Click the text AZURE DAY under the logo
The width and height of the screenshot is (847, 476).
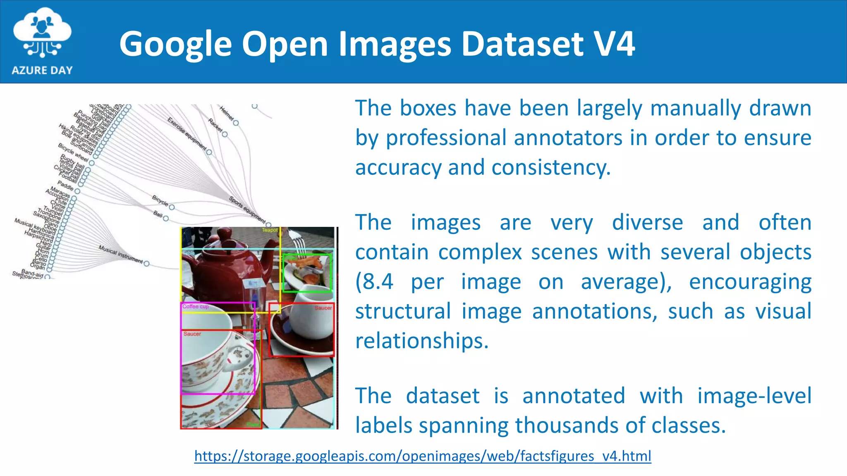(x=42, y=70)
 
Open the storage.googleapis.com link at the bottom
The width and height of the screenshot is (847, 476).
(x=423, y=456)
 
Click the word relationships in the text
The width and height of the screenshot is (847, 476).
(x=422, y=341)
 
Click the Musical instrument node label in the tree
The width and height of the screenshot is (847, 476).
(x=120, y=254)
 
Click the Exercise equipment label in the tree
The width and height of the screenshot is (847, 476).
(x=187, y=133)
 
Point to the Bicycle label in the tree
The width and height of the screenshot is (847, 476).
(x=160, y=200)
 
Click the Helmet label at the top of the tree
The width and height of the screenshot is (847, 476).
(x=227, y=113)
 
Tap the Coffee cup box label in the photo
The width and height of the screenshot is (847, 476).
(x=196, y=307)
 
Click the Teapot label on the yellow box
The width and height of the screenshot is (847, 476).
(x=270, y=230)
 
